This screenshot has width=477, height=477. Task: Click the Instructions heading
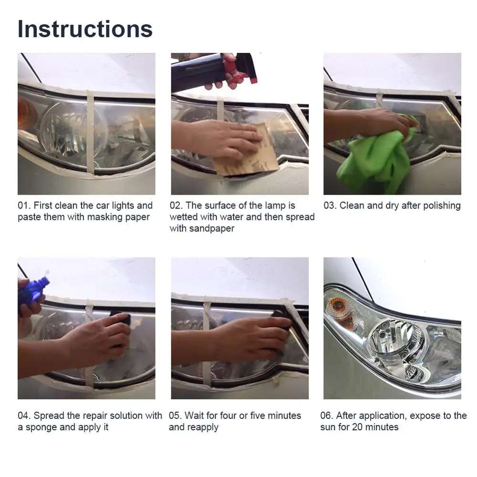[x=85, y=29]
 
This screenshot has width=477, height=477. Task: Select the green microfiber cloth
[x=377, y=158]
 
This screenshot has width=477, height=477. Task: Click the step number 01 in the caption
[x=24, y=206]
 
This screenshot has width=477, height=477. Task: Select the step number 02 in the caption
[x=176, y=206]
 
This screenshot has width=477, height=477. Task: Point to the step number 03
[x=330, y=206]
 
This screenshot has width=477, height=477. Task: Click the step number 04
[x=24, y=415]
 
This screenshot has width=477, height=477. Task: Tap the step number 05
[x=175, y=415]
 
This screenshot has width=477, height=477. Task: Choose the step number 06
[x=327, y=415]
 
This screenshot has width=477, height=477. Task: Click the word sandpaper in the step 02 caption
[x=212, y=228]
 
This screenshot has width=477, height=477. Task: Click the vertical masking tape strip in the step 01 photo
[x=91, y=133]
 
